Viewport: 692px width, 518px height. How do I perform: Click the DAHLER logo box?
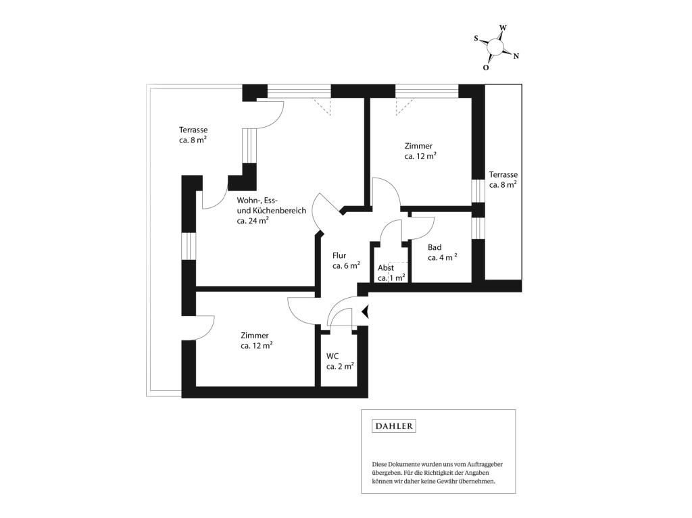394,426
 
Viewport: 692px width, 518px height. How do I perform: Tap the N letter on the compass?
516,56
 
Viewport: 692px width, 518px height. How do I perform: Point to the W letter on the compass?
503,28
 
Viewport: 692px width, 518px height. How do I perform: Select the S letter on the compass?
476,38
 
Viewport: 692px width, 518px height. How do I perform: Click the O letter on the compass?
485,68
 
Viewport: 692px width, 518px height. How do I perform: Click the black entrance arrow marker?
365,311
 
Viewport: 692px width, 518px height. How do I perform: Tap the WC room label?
332,356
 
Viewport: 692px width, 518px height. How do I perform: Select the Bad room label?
435,248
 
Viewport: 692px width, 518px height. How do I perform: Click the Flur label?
339,255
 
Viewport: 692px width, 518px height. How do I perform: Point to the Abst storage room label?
386,268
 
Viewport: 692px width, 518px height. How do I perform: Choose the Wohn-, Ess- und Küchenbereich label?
271,205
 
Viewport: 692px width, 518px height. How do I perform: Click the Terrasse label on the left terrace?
193,130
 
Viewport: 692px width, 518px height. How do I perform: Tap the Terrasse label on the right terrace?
503,175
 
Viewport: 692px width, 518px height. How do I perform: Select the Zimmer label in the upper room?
418,146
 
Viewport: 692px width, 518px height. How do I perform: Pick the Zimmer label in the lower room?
255,336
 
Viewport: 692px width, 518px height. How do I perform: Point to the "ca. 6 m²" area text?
346,265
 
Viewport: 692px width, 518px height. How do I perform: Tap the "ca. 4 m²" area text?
442,257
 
